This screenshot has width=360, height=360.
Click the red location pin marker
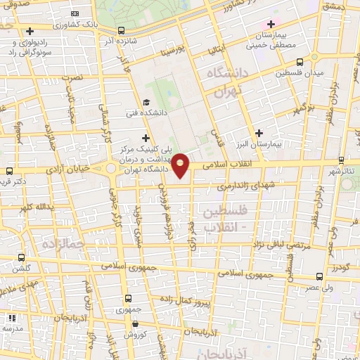(x=181, y=165)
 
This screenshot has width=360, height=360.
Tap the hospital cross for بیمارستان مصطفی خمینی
(x=270, y=25)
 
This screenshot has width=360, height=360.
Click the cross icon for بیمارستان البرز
(x=259, y=132)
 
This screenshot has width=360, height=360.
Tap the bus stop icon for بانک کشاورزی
(x=122, y=30)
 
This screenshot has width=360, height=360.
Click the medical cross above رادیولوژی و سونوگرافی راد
(x=30, y=31)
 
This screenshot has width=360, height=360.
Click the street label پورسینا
(x=174, y=51)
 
